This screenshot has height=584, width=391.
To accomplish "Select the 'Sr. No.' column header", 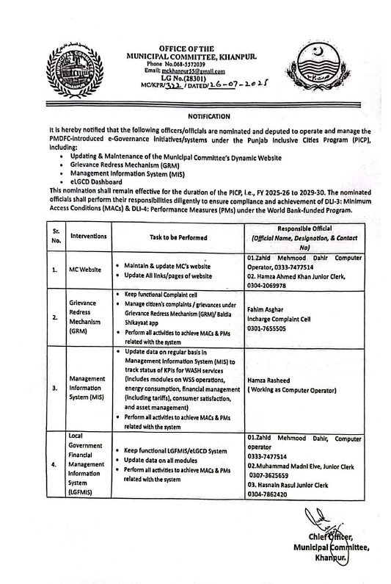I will click(56, 237).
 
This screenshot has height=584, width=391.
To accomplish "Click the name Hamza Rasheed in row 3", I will click(270, 381).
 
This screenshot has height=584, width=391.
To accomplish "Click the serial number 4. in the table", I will click(54, 464).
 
